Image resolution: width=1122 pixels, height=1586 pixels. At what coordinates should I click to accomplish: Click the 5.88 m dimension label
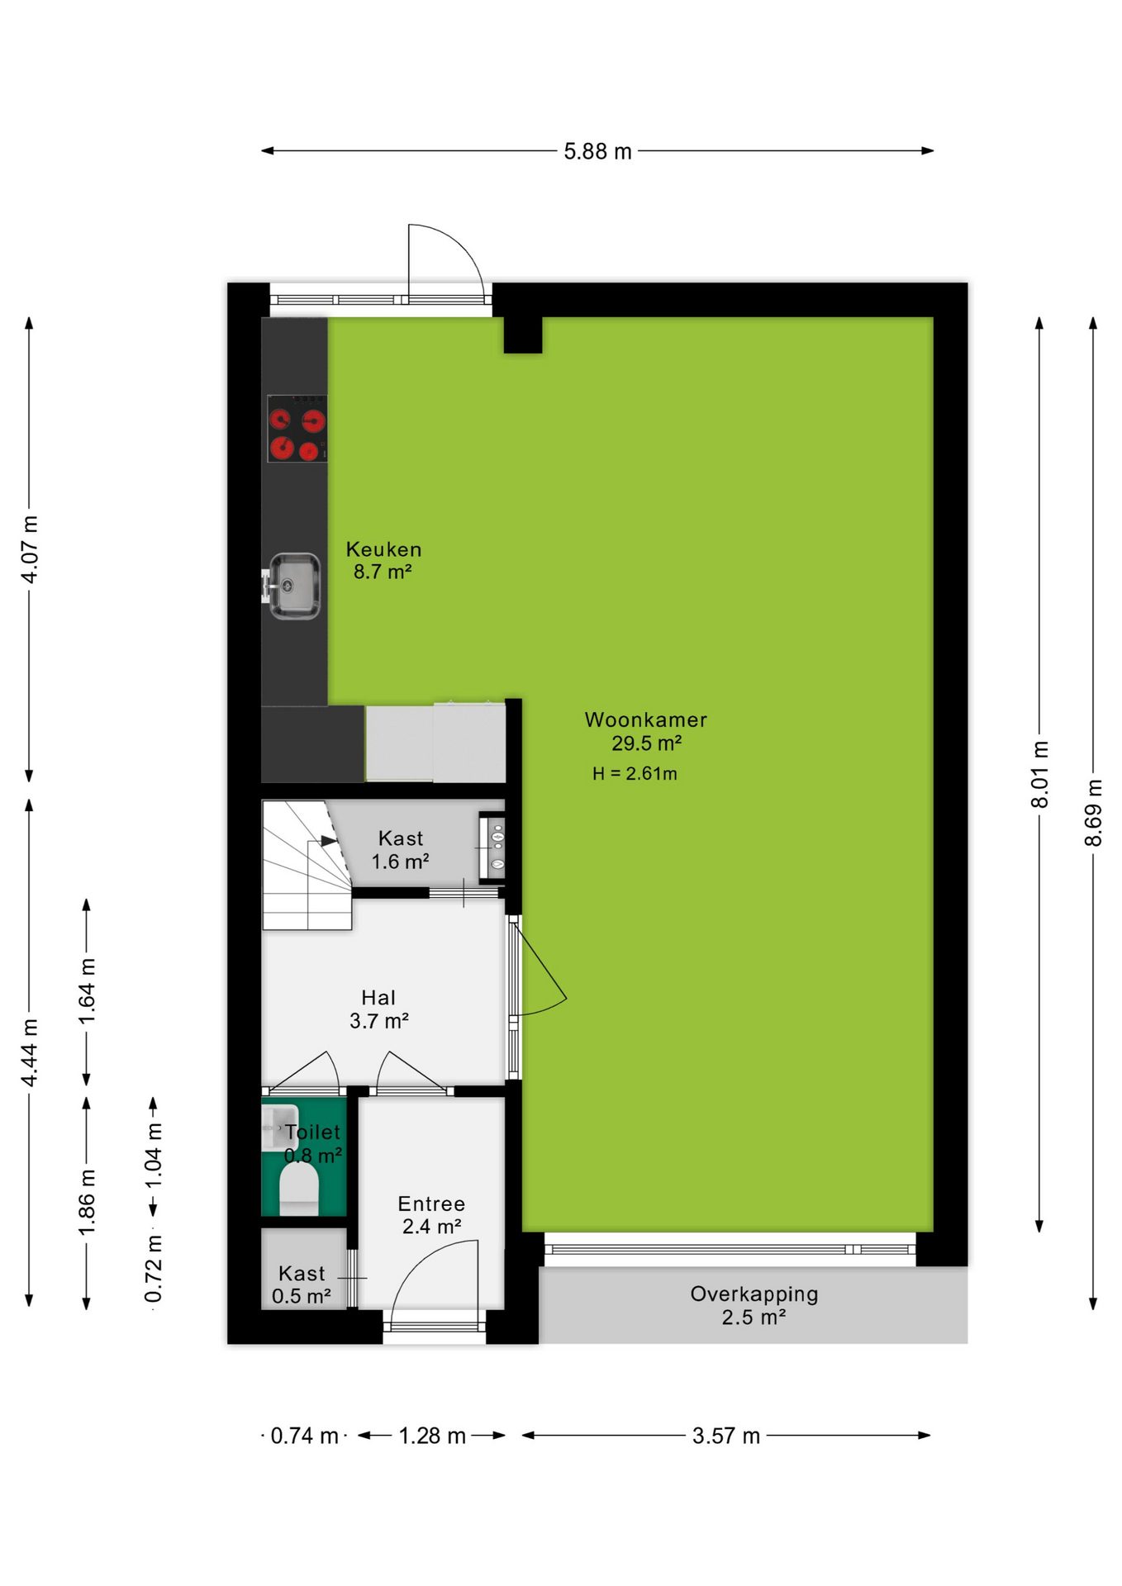[597, 151]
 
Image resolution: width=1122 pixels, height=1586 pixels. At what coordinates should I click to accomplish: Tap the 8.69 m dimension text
[1093, 812]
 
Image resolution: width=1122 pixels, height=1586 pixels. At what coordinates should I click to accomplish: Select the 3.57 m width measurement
[726, 1436]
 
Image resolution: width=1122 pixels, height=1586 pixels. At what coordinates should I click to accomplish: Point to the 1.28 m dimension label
[432, 1436]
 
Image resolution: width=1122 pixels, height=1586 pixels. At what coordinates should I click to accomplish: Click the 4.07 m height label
[30, 549]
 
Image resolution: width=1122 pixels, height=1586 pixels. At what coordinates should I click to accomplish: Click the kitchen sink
[293, 585]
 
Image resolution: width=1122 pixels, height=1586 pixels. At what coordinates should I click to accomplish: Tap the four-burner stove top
[297, 428]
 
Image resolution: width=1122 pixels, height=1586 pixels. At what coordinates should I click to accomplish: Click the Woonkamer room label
[646, 719]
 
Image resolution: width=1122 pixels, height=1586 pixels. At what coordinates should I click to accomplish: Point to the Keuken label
[383, 549]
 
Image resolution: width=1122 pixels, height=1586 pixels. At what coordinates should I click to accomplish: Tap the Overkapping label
[754, 1294]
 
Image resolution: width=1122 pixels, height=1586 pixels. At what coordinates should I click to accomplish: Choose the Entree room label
[431, 1204]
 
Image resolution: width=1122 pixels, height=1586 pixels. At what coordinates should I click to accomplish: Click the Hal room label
[378, 997]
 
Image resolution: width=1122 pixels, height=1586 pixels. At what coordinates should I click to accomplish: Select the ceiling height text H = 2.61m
[635, 774]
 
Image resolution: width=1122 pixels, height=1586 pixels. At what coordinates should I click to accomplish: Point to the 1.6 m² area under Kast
[400, 862]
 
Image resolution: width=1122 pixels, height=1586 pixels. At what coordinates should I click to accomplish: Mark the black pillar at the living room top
[523, 335]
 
